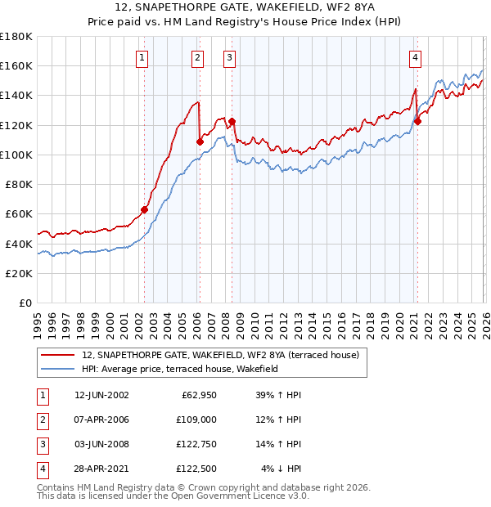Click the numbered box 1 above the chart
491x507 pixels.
142,57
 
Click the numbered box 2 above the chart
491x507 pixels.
198,57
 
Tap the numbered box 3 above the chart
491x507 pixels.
229,57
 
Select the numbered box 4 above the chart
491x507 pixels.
416,57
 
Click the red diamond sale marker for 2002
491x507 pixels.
145,209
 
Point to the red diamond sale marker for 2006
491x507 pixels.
200,141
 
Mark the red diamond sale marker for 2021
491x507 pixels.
417,122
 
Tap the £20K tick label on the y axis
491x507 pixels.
19,273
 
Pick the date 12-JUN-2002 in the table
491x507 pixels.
101,396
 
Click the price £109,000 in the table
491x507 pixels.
197,420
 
